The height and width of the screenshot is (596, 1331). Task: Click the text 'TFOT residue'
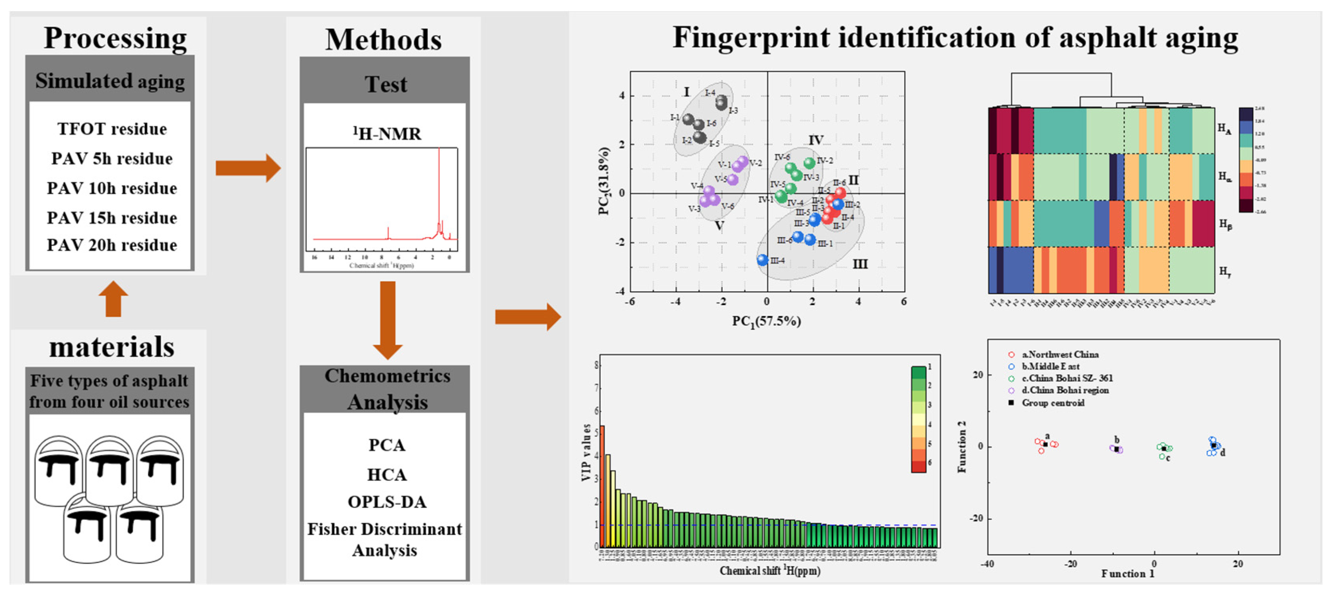(112, 129)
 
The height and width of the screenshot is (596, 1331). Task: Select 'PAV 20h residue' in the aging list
(112, 245)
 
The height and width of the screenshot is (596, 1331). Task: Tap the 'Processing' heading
(115, 38)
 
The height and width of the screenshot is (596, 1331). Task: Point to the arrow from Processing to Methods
(247, 168)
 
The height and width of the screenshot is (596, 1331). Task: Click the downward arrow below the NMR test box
(388, 319)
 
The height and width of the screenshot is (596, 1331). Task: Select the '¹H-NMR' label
(386, 134)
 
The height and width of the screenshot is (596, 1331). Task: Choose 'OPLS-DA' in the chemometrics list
(387, 502)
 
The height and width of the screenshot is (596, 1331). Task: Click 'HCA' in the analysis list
(387, 474)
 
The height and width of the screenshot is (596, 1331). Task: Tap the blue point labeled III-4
(763, 260)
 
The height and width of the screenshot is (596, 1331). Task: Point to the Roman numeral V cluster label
(719, 226)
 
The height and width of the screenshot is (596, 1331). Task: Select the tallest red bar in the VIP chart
(602, 486)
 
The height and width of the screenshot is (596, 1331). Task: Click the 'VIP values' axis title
(586, 452)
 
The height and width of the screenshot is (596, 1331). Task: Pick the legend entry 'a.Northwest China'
(1060, 354)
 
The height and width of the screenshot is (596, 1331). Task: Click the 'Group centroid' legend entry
(1053, 403)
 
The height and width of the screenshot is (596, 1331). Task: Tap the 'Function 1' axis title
(1127, 574)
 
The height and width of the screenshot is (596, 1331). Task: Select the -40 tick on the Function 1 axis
(988, 564)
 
